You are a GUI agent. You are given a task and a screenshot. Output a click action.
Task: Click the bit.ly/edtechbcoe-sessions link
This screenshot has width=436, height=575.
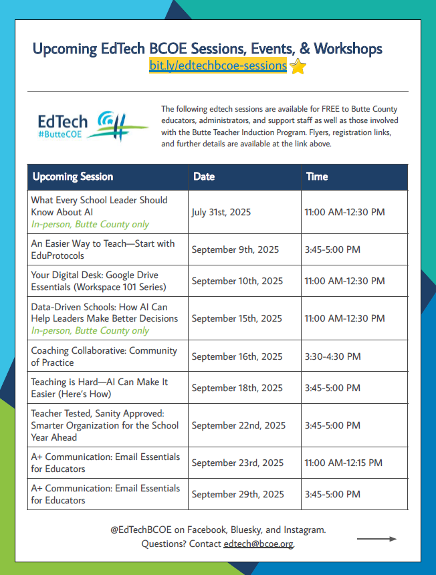pyautogui.click(x=218, y=66)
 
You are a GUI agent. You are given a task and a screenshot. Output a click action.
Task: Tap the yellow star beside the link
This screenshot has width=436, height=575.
pyautogui.click(x=298, y=66)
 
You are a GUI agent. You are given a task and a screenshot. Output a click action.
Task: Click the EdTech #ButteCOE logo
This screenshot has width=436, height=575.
pyautogui.click(x=92, y=125)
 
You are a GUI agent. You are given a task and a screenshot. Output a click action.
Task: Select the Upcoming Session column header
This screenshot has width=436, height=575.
pyautogui.click(x=73, y=177)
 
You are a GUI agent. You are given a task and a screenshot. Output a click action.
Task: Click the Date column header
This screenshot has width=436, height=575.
pyautogui.click(x=204, y=177)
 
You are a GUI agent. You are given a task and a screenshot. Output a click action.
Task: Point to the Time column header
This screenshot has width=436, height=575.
pyautogui.click(x=317, y=177)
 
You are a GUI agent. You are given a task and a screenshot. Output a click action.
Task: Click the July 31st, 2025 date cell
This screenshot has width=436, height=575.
pyautogui.click(x=221, y=212)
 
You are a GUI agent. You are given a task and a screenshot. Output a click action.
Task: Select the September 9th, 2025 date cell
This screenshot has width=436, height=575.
pyautogui.click(x=235, y=249)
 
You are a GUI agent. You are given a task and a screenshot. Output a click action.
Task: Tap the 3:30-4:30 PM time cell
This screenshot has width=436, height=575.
pyautogui.click(x=332, y=356)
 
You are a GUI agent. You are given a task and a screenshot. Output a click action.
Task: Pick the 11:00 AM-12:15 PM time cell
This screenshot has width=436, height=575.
pyautogui.click(x=343, y=463)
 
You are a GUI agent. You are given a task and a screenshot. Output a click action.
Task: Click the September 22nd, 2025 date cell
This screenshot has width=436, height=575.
pyautogui.click(x=239, y=425)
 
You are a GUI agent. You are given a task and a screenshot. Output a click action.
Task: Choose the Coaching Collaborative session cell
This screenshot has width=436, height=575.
pyautogui.click(x=104, y=356)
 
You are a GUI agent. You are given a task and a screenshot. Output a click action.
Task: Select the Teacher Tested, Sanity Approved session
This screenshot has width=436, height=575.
pyautogui.click(x=105, y=425)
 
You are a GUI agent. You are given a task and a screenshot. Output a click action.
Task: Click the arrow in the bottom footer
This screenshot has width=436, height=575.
pyautogui.click(x=376, y=538)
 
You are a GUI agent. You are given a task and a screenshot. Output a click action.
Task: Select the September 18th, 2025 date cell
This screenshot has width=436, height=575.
pyautogui.click(x=237, y=388)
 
